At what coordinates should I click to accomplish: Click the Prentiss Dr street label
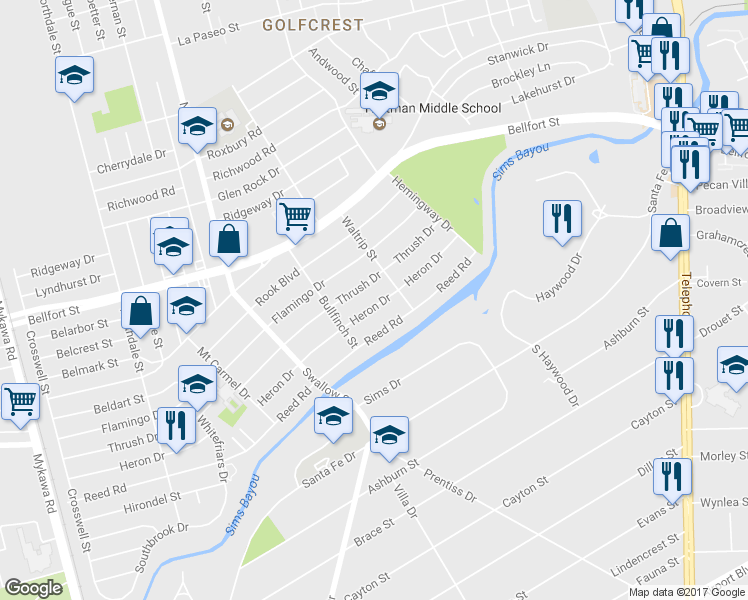pyautogui.click(x=457, y=484)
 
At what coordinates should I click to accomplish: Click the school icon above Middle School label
pyautogui.click(x=379, y=92)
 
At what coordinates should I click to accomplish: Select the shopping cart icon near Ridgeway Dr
pyautogui.click(x=295, y=215)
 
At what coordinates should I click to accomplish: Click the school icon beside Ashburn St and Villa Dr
pyautogui.click(x=389, y=436)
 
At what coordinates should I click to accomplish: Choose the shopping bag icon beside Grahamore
pyautogui.click(x=669, y=234)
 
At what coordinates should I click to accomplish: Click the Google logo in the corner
pyautogui.click(x=33, y=588)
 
